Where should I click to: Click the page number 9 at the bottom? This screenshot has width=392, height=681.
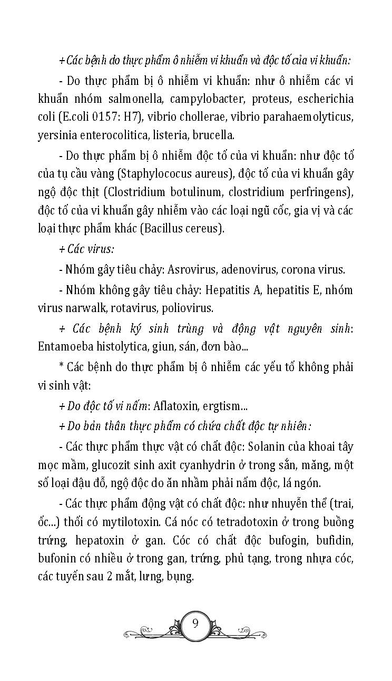195,624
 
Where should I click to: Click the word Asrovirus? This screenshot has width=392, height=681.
192,269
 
